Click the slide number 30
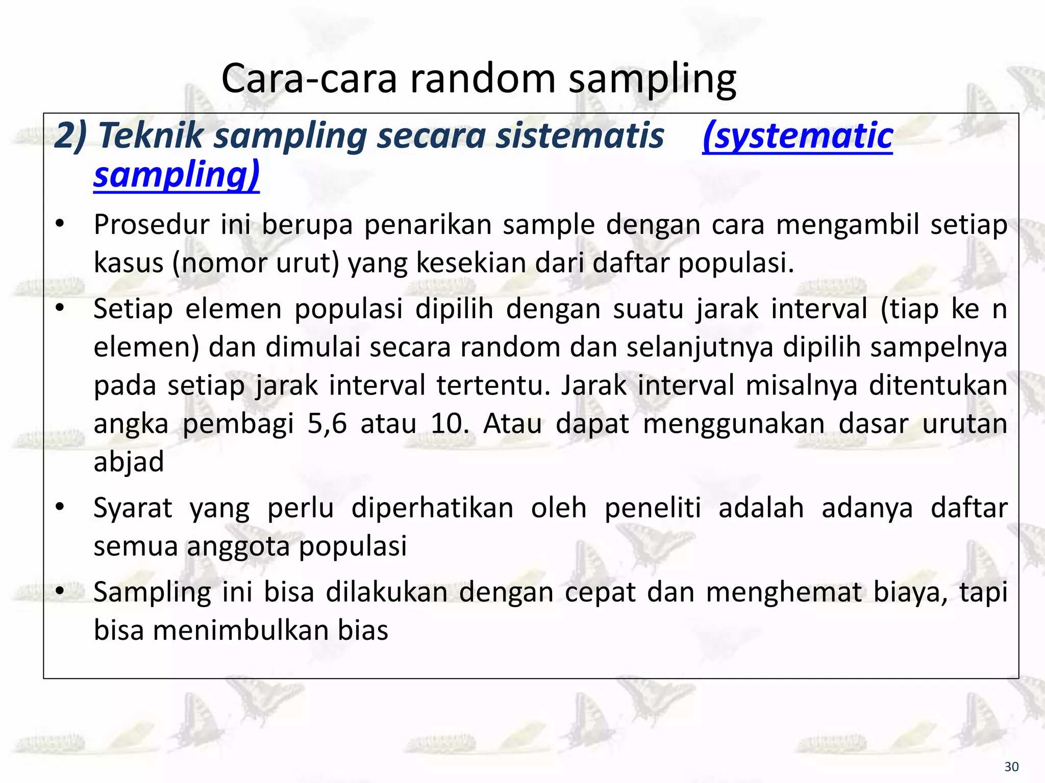pos(1011,767)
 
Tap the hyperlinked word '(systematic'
pos(798,136)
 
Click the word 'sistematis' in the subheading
pos(580,136)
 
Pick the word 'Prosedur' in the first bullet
pos(152,225)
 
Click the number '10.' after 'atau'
pos(450,424)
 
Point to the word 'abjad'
pos(129,462)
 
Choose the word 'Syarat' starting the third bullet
pos(133,508)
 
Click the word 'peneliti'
pos(653,508)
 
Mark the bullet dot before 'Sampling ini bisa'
pos(60,591)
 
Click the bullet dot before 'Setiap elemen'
pos(60,308)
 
